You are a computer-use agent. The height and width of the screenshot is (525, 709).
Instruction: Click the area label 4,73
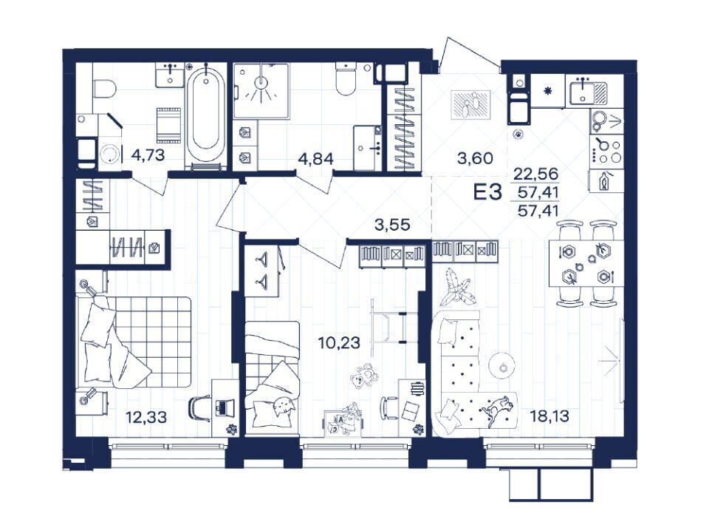point(148,156)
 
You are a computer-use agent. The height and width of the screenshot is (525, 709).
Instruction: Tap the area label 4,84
point(316,159)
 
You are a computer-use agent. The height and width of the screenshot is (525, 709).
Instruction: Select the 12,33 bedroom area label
point(146,417)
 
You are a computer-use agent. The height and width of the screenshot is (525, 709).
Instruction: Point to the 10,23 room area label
point(339,342)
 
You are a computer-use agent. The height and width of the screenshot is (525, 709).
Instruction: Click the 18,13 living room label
point(549,416)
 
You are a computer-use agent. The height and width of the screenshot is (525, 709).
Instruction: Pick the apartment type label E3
point(487,192)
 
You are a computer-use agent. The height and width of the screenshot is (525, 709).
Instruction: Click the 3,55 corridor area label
point(392,225)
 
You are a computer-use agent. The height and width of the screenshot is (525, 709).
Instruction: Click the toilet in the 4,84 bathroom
point(346,78)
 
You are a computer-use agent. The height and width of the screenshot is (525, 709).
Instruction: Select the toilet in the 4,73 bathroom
point(104,89)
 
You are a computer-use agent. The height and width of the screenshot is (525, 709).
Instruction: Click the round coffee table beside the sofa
point(503,365)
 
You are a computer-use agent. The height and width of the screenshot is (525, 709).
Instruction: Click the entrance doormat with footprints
point(470,104)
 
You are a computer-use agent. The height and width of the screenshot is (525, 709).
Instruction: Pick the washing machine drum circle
point(109,155)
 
